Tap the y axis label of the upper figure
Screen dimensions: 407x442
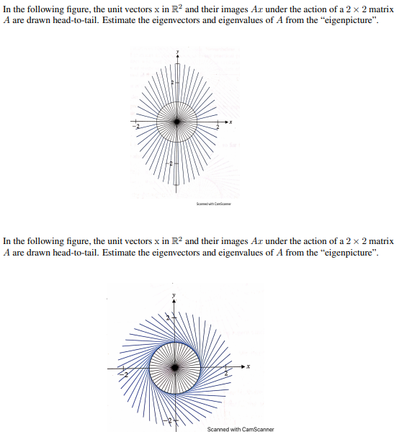(177, 53)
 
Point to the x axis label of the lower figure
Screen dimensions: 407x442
(249, 367)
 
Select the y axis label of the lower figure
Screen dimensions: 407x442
(173, 295)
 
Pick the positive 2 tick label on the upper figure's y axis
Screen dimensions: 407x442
(171, 84)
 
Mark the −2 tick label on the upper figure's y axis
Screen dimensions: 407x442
(171, 166)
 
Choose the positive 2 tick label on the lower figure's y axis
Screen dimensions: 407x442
(168, 317)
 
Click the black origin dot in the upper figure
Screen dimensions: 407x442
(177, 122)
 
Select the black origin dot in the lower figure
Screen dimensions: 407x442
(174, 368)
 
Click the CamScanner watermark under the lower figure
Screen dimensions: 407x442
(240, 430)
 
